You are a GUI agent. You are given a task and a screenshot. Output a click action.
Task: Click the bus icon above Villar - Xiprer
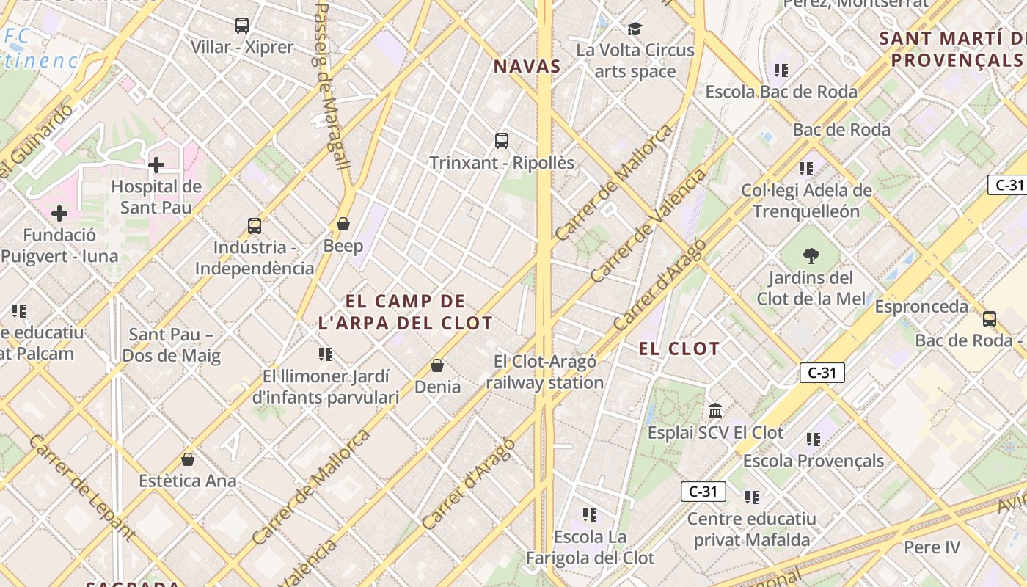(242, 26)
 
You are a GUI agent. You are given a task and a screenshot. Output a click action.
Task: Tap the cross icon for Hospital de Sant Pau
(156, 165)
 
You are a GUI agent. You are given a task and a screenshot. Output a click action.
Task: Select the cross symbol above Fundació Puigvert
(59, 214)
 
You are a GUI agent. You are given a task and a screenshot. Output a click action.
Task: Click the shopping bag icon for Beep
(343, 224)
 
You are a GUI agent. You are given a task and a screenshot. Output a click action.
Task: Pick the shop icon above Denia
(437, 365)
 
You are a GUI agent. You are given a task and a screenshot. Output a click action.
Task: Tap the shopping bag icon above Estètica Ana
(188, 459)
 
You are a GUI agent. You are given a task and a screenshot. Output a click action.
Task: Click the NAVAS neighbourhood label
(527, 66)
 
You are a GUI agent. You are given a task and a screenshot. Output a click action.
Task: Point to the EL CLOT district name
(679, 349)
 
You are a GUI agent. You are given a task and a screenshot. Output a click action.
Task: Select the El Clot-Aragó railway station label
(544, 371)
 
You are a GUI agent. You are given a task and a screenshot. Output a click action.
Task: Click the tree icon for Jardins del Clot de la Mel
(811, 256)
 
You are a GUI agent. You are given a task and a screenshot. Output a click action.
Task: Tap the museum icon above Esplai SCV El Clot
(715, 410)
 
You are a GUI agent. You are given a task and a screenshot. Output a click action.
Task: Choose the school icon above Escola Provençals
(813, 440)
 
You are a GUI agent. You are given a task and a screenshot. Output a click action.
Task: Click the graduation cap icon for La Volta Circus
(635, 29)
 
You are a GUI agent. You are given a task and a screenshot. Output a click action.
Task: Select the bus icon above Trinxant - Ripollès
(502, 141)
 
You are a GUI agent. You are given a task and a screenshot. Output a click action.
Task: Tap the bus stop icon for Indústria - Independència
(255, 226)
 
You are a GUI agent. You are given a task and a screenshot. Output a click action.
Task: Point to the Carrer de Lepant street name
(82, 487)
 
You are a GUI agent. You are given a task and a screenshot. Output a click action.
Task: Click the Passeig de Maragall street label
(331, 84)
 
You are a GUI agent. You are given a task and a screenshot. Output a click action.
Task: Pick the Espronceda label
(921, 306)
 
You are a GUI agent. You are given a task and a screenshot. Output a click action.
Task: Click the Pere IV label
(932, 547)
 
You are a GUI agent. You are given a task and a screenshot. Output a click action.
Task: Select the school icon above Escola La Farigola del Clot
(590, 515)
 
